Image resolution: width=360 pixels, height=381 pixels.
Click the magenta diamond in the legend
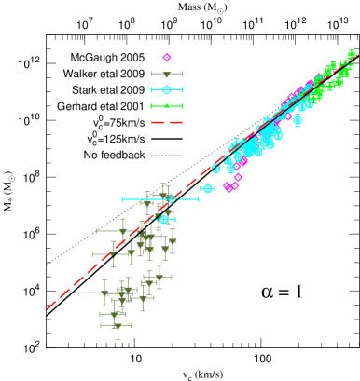(167, 58)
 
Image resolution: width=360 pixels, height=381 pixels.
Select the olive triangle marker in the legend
(167, 75)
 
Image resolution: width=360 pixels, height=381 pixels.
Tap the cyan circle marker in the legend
(167, 90)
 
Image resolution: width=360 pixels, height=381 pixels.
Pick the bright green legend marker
(167, 106)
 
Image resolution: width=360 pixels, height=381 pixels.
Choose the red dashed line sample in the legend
(167, 122)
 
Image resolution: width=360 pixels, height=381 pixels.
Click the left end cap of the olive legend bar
(152, 75)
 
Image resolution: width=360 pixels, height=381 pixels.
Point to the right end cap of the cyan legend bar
(182, 90)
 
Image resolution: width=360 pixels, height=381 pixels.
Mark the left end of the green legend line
(152, 106)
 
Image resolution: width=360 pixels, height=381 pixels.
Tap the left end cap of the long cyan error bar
(122, 198)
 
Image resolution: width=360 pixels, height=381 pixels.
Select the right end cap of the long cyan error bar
(198, 198)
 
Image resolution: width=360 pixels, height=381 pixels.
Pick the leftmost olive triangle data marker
(104, 293)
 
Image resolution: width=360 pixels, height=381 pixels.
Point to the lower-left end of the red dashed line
(48, 308)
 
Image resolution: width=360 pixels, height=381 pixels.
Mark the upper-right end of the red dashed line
(356, 53)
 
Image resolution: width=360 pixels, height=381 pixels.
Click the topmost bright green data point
(352, 53)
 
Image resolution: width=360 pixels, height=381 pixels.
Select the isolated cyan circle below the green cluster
(298, 119)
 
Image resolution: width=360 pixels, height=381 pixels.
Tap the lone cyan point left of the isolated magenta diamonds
(207, 188)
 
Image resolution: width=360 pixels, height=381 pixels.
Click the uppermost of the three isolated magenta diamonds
(238, 177)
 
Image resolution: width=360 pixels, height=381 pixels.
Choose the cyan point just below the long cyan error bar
(164, 220)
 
